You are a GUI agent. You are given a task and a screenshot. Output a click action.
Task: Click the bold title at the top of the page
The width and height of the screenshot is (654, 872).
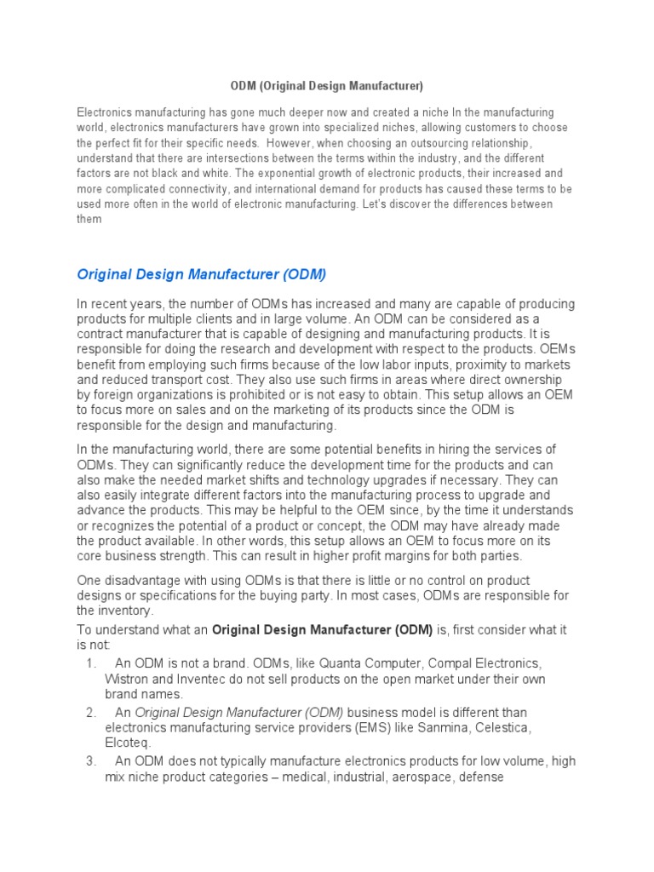coord(327,86)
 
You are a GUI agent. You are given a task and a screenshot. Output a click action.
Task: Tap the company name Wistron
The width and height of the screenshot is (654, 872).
coord(126,680)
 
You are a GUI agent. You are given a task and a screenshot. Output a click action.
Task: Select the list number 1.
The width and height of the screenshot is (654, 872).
coord(91,663)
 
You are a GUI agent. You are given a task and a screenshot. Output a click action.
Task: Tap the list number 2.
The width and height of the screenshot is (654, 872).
coord(91,713)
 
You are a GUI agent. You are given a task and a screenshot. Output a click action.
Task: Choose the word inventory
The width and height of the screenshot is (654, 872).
coord(126,611)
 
